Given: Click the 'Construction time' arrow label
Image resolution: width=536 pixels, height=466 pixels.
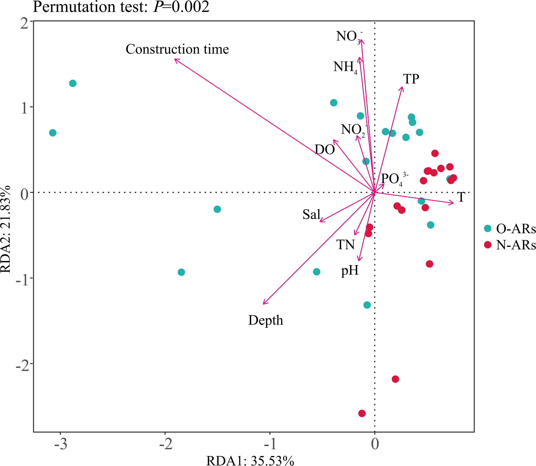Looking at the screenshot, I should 177,49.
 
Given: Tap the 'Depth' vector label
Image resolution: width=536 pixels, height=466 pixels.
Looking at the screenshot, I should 266,320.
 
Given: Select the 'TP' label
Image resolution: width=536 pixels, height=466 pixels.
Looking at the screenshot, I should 411,79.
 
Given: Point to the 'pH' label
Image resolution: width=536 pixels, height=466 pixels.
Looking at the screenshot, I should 350,270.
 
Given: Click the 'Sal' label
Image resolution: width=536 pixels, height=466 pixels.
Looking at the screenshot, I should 311,215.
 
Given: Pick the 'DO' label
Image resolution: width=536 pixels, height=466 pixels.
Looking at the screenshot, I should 324,150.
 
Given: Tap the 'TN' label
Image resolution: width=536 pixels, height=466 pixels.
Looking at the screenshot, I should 345,245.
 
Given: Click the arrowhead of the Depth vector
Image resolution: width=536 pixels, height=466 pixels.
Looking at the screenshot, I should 263,304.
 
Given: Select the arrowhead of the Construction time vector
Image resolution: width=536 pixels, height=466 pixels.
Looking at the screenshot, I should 175,59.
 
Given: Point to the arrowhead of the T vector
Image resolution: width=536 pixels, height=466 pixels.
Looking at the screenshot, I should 453,203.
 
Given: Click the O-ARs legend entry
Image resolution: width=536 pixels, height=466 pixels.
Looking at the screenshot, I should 510,228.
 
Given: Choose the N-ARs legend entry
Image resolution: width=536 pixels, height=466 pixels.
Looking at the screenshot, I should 510,245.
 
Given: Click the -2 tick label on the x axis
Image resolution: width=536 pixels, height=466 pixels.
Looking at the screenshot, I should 166,444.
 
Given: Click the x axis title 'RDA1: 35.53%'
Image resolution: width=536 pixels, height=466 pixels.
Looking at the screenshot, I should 250,461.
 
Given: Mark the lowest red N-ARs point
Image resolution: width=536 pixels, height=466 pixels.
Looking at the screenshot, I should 362,413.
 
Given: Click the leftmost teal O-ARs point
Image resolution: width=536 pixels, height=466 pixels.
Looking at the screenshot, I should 53,133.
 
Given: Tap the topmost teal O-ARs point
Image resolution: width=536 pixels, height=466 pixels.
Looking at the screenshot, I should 73,83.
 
